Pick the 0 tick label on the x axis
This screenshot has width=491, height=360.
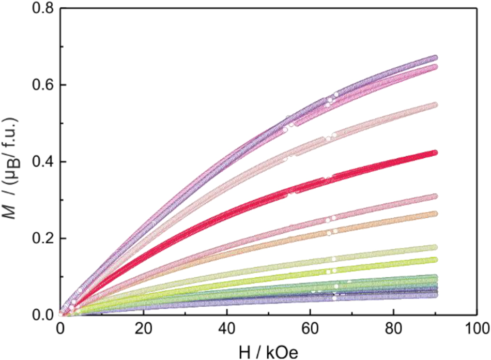(60, 329)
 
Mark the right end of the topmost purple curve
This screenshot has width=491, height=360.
(435, 58)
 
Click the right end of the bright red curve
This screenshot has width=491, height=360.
(435, 153)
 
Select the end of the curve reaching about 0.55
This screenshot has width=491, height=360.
(435, 105)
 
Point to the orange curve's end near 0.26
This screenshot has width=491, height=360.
(435, 214)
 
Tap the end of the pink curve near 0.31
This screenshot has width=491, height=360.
(435, 197)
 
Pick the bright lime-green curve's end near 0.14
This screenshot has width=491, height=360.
(435, 260)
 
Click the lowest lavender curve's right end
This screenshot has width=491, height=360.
(435, 295)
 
